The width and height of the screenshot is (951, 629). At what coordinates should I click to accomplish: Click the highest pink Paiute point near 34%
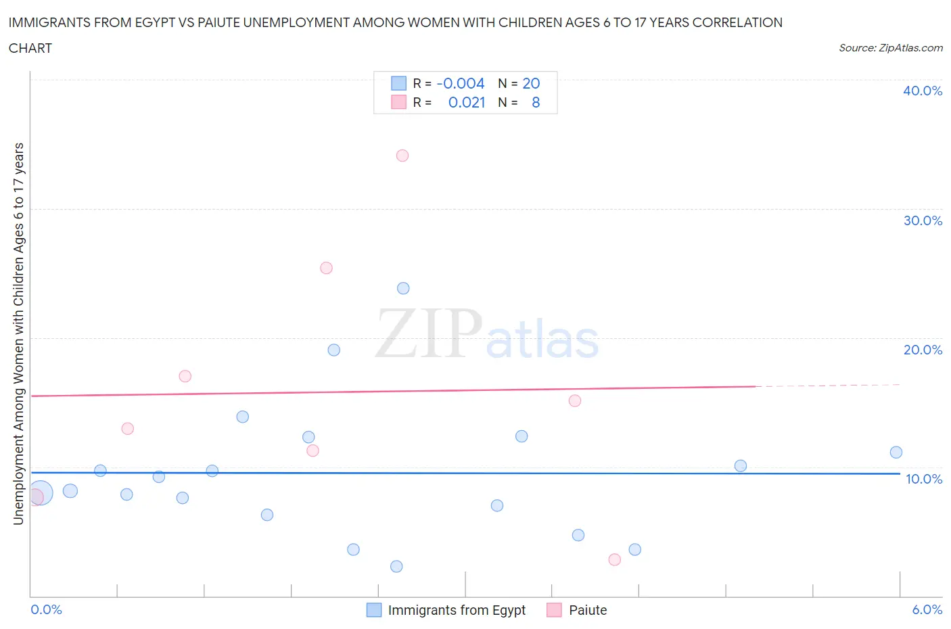point(402,156)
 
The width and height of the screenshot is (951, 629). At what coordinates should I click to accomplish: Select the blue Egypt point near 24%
point(403,288)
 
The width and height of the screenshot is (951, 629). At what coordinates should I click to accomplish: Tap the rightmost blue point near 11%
point(896,452)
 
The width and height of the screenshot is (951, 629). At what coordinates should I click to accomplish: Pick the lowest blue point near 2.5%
point(396,566)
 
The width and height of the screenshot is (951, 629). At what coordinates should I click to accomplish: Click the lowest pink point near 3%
point(615,559)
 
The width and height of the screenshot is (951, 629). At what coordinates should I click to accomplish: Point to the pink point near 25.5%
point(326,268)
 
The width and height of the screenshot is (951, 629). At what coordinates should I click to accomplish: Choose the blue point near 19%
point(334,350)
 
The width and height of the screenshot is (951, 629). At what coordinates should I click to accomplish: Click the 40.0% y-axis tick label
point(923,91)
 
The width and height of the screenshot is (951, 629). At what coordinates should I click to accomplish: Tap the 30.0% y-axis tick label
point(923,220)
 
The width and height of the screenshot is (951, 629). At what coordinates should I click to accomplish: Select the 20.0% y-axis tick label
point(923,350)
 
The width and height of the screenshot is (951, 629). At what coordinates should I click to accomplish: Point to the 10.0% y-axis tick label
point(924,479)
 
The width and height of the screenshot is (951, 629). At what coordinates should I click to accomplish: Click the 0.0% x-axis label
point(47,609)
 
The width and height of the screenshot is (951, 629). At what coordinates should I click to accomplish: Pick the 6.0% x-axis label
point(927,609)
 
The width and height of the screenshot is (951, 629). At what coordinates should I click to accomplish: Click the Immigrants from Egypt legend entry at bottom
point(456,610)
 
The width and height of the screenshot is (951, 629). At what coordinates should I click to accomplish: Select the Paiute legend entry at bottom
point(587,610)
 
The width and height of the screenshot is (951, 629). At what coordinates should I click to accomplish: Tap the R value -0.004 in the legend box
point(461,83)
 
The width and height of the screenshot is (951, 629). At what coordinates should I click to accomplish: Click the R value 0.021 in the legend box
point(467,102)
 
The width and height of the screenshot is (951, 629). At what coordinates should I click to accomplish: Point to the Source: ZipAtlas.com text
point(890,47)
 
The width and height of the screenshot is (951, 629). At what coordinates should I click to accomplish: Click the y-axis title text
point(18,333)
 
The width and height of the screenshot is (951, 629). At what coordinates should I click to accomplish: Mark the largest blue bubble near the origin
point(40,494)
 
